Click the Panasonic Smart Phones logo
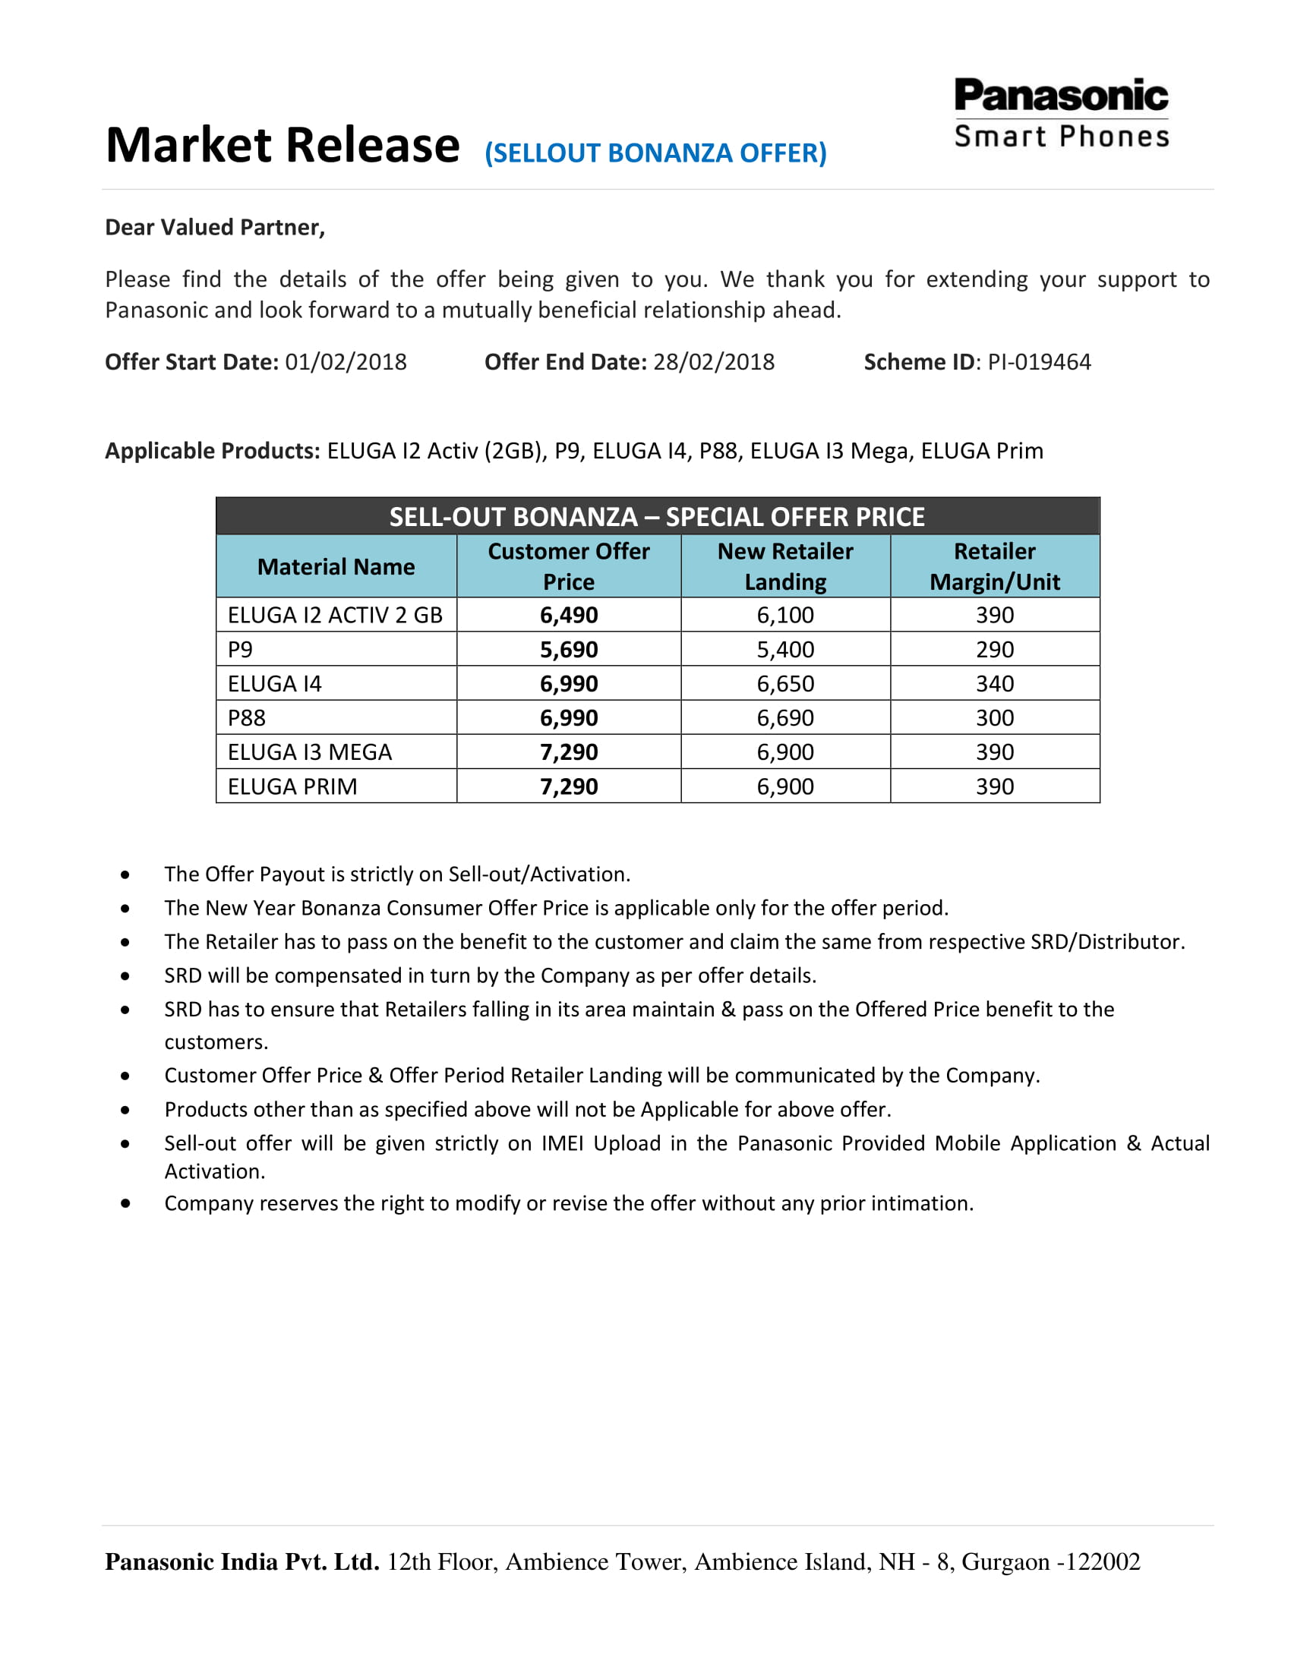tap(1061, 112)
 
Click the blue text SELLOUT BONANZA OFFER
tap(655, 153)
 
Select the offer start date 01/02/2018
tap(346, 361)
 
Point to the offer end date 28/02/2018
tap(714, 361)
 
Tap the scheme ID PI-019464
tap(1039, 361)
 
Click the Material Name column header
tap(336, 566)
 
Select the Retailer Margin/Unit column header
tap(994, 566)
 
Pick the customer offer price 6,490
tap(568, 615)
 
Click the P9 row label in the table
tap(240, 649)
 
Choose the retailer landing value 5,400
tap(784, 649)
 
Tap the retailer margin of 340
tap(994, 684)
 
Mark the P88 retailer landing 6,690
tap(784, 718)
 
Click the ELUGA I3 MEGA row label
tap(309, 752)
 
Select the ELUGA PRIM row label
tap(292, 787)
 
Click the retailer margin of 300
tap(994, 718)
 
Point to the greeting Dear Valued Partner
tap(215, 227)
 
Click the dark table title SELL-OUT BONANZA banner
tap(657, 517)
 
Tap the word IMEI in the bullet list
tap(562, 1143)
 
